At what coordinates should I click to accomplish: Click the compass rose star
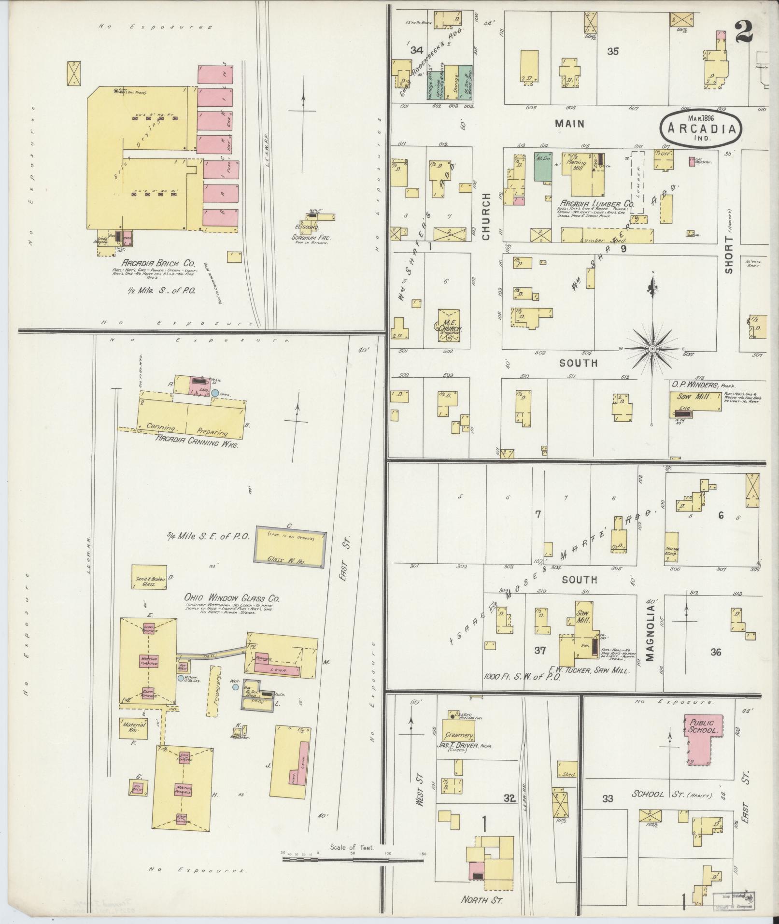point(652,348)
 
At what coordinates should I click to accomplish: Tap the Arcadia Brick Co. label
point(158,263)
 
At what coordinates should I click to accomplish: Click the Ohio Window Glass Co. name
point(232,599)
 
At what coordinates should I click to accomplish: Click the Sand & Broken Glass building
point(149,577)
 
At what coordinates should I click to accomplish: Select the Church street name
point(485,216)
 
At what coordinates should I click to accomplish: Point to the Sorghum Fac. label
point(309,237)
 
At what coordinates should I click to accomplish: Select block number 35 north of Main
point(612,51)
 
